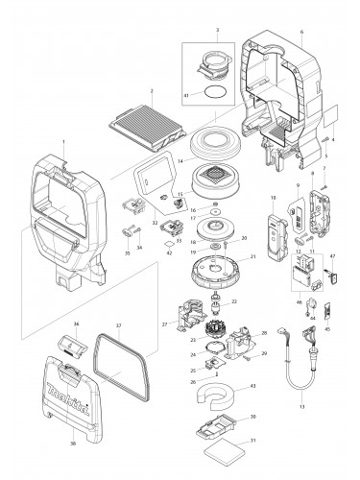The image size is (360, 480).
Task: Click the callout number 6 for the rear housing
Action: (302, 33)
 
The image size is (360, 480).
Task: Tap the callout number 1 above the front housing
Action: (63, 141)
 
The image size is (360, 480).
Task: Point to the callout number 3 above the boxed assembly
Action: (217, 32)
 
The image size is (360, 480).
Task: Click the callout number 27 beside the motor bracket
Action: (164, 325)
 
